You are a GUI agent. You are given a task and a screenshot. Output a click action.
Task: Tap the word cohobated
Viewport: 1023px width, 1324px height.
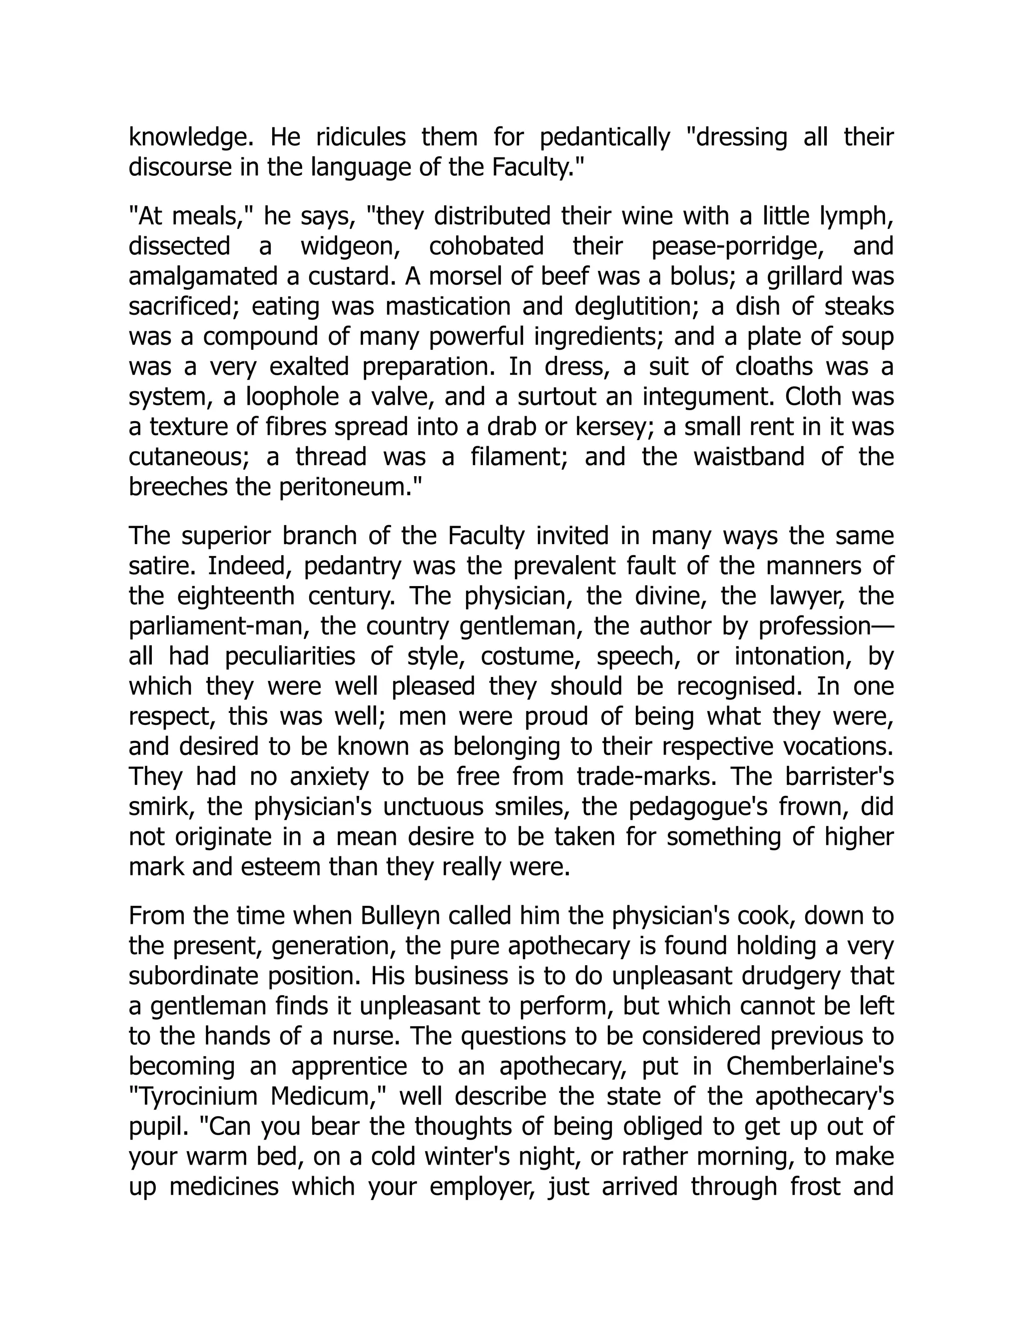coord(486,247)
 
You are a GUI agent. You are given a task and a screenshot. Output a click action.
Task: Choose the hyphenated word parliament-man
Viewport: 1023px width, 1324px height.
coord(219,626)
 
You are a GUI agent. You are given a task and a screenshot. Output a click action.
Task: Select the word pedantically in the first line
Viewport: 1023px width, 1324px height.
coord(604,137)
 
